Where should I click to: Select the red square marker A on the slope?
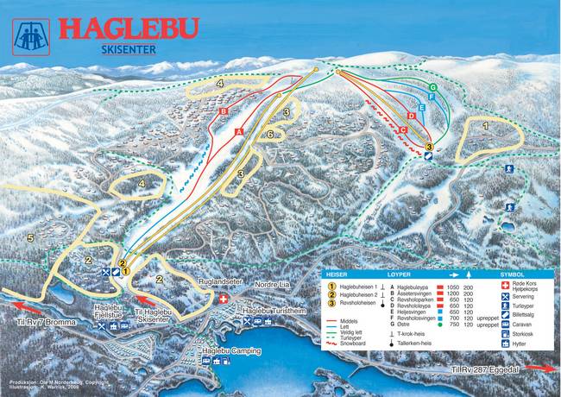point(239,130)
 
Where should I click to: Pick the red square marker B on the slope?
point(223,111)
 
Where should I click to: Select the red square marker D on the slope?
point(412,115)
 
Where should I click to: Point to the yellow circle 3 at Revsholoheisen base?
point(429,148)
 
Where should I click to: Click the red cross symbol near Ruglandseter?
point(225,298)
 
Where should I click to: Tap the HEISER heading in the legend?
point(337,274)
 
